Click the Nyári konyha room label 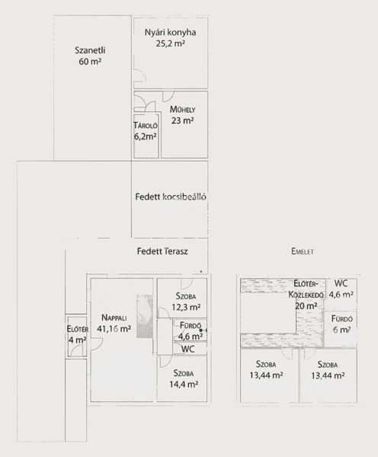tap(171, 32)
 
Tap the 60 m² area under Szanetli tap(90, 62)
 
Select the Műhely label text tap(183, 110)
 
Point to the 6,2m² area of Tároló tap(146, 136)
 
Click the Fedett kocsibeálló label tap(171, 197)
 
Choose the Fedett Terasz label tap(162, 251)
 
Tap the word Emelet tap(303, 251)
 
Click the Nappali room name tap(114, 318)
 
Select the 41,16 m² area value tap(114, 329)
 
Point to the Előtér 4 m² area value tap(77, 340)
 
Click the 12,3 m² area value tap(186, 307)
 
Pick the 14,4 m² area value tap(184, 384)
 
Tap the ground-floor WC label tap(187, 349)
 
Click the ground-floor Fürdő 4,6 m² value tap(191, 337)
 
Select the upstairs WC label tap(341, 283)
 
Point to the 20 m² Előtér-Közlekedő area tap(306, 306)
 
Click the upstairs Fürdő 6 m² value tap(341, 331)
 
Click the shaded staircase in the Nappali tap(145, 317)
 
